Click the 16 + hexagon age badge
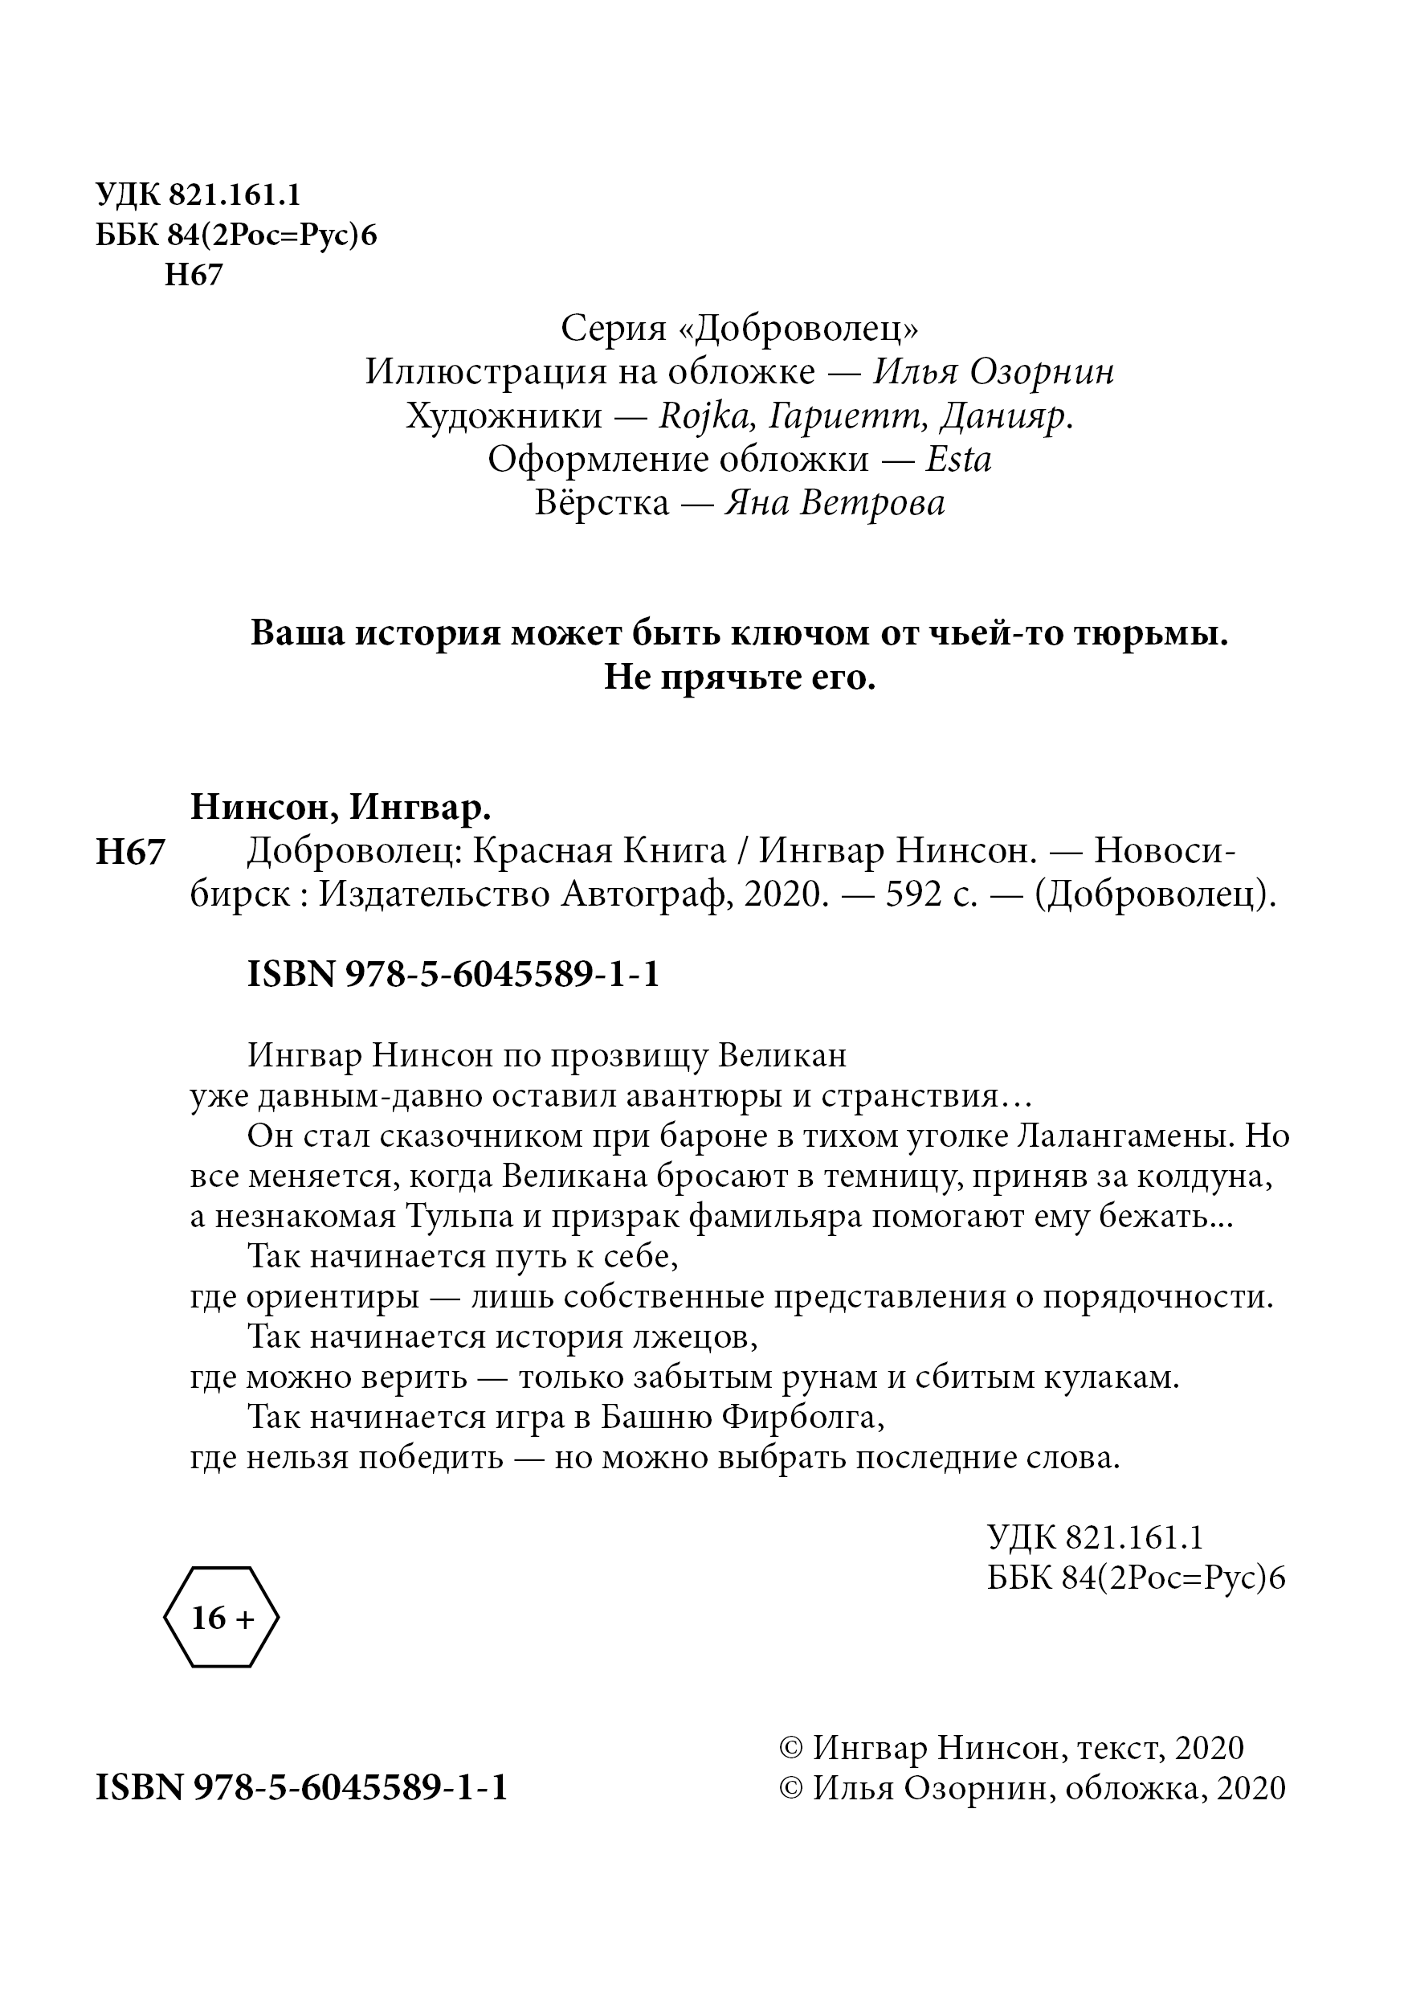pos(221,1617)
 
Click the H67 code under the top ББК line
pos(194,274)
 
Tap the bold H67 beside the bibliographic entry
pos(130,852)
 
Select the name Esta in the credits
pos(958,458)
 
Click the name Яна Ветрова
pos(834,501)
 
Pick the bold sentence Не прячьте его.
pos(739,677)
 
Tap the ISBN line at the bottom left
pos(301,1787)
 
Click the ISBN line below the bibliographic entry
pos(453,974)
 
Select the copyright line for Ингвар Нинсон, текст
pos(1012,1746)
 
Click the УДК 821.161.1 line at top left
pos(198,194)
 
